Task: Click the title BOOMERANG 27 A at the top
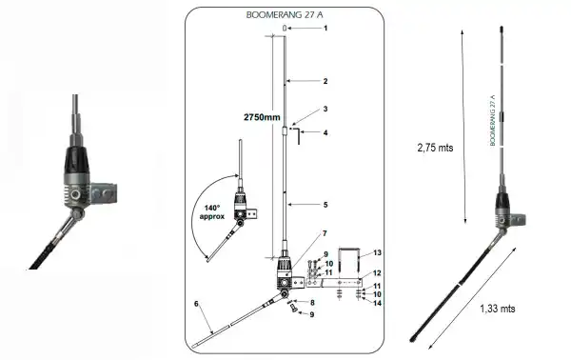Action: point(285,15)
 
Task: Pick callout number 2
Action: point(325,82)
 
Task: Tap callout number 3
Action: point(325,110)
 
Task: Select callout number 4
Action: point(325,132)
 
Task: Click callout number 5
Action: point(325,205)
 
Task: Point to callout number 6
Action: point(196,303)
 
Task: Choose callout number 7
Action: point(325,233)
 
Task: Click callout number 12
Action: point(377,273)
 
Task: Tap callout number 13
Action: point(377,252)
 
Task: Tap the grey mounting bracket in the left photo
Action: point(102,194)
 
